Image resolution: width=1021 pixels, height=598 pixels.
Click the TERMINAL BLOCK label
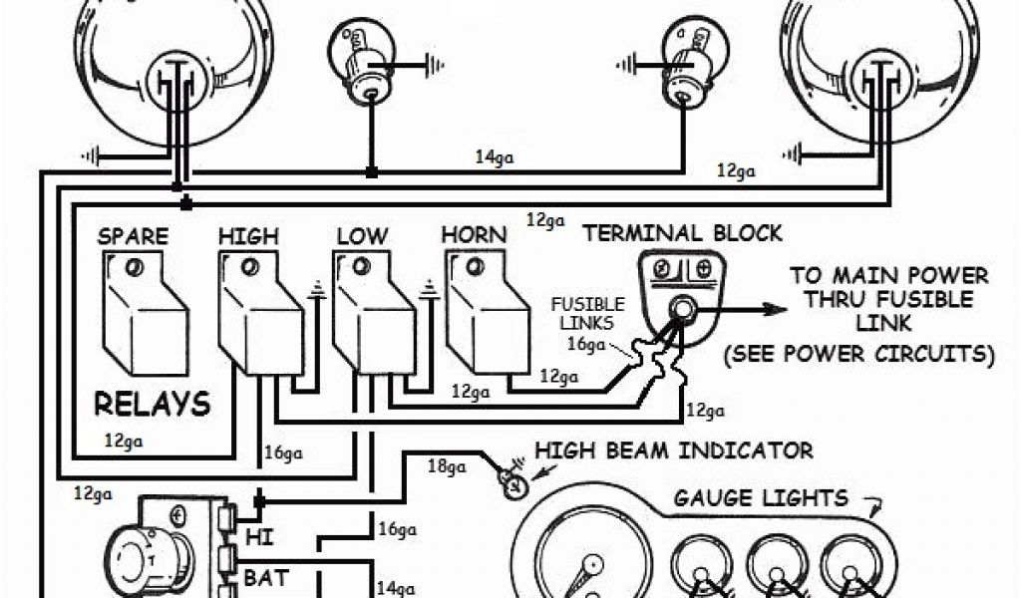683,233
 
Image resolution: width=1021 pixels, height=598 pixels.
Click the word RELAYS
153,404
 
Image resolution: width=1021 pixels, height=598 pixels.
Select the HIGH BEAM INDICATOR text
674,450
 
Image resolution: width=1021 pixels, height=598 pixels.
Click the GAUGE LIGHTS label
761,497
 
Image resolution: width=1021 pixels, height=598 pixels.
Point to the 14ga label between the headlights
496,156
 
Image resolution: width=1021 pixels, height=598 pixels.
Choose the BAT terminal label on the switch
266,576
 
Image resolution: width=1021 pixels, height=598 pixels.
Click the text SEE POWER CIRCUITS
858,353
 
